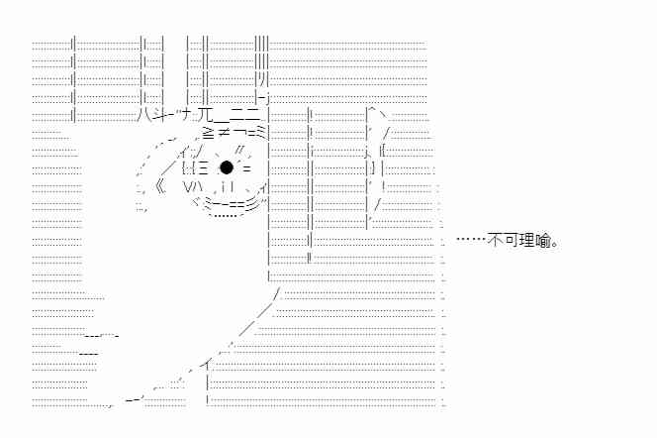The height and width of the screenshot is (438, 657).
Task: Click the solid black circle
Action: tap(226, 167)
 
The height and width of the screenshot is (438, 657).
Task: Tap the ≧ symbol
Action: tap(207, 132)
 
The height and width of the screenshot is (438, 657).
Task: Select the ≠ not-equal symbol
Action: tap(222, 132)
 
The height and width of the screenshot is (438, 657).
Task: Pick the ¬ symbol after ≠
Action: tap(235, 132)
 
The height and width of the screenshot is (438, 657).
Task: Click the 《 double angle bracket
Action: tap(158, 185)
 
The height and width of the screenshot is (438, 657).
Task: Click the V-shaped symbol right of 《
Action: tap(190, 185)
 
